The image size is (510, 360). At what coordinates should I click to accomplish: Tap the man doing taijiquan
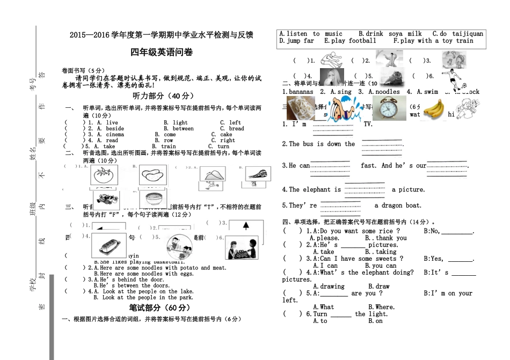click(389, 58)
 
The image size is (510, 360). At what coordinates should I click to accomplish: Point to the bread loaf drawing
click(109, 244)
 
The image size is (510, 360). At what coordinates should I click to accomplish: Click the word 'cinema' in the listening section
click(114, 135)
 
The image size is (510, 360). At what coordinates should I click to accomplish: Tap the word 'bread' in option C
click(236, 129)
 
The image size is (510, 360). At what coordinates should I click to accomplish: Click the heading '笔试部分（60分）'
click(160, 308)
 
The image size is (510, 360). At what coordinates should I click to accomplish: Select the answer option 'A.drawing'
click(329, 286)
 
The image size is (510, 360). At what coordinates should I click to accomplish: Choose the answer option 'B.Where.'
click(382, 307)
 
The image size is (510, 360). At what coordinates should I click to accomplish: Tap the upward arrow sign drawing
click(245, 226)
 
